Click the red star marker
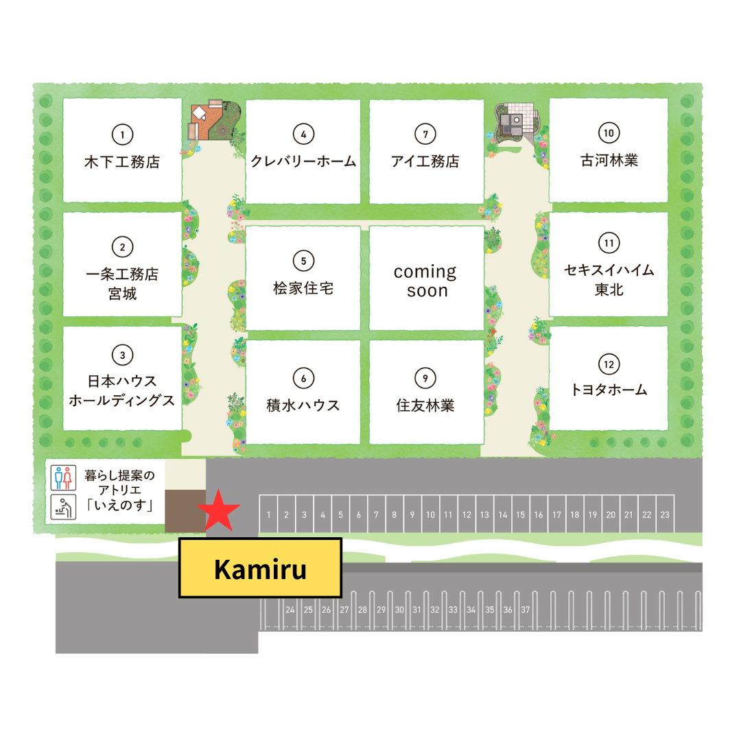219,510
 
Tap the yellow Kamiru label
260,568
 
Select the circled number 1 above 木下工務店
122,134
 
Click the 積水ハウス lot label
303,405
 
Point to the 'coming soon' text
425,281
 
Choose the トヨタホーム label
609,390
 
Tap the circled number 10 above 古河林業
609,133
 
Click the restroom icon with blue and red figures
62,478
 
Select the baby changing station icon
62,508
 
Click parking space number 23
664,514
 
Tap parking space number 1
269,514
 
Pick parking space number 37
526,609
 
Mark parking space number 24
290,609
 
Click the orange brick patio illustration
205,121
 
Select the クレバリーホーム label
303,162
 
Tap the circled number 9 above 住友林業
425,377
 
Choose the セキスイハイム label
609,270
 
